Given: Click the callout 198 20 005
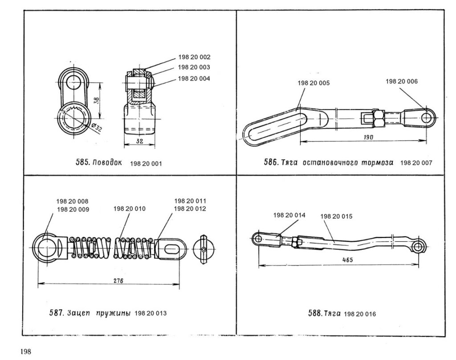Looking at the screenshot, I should [x=314, y=83].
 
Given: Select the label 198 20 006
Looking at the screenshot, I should [x=401, y=81].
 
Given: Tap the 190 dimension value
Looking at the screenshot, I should [x=368, y=138].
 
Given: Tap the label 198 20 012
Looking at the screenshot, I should [x=190, y=208].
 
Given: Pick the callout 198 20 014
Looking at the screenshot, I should [x=289, y=215].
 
